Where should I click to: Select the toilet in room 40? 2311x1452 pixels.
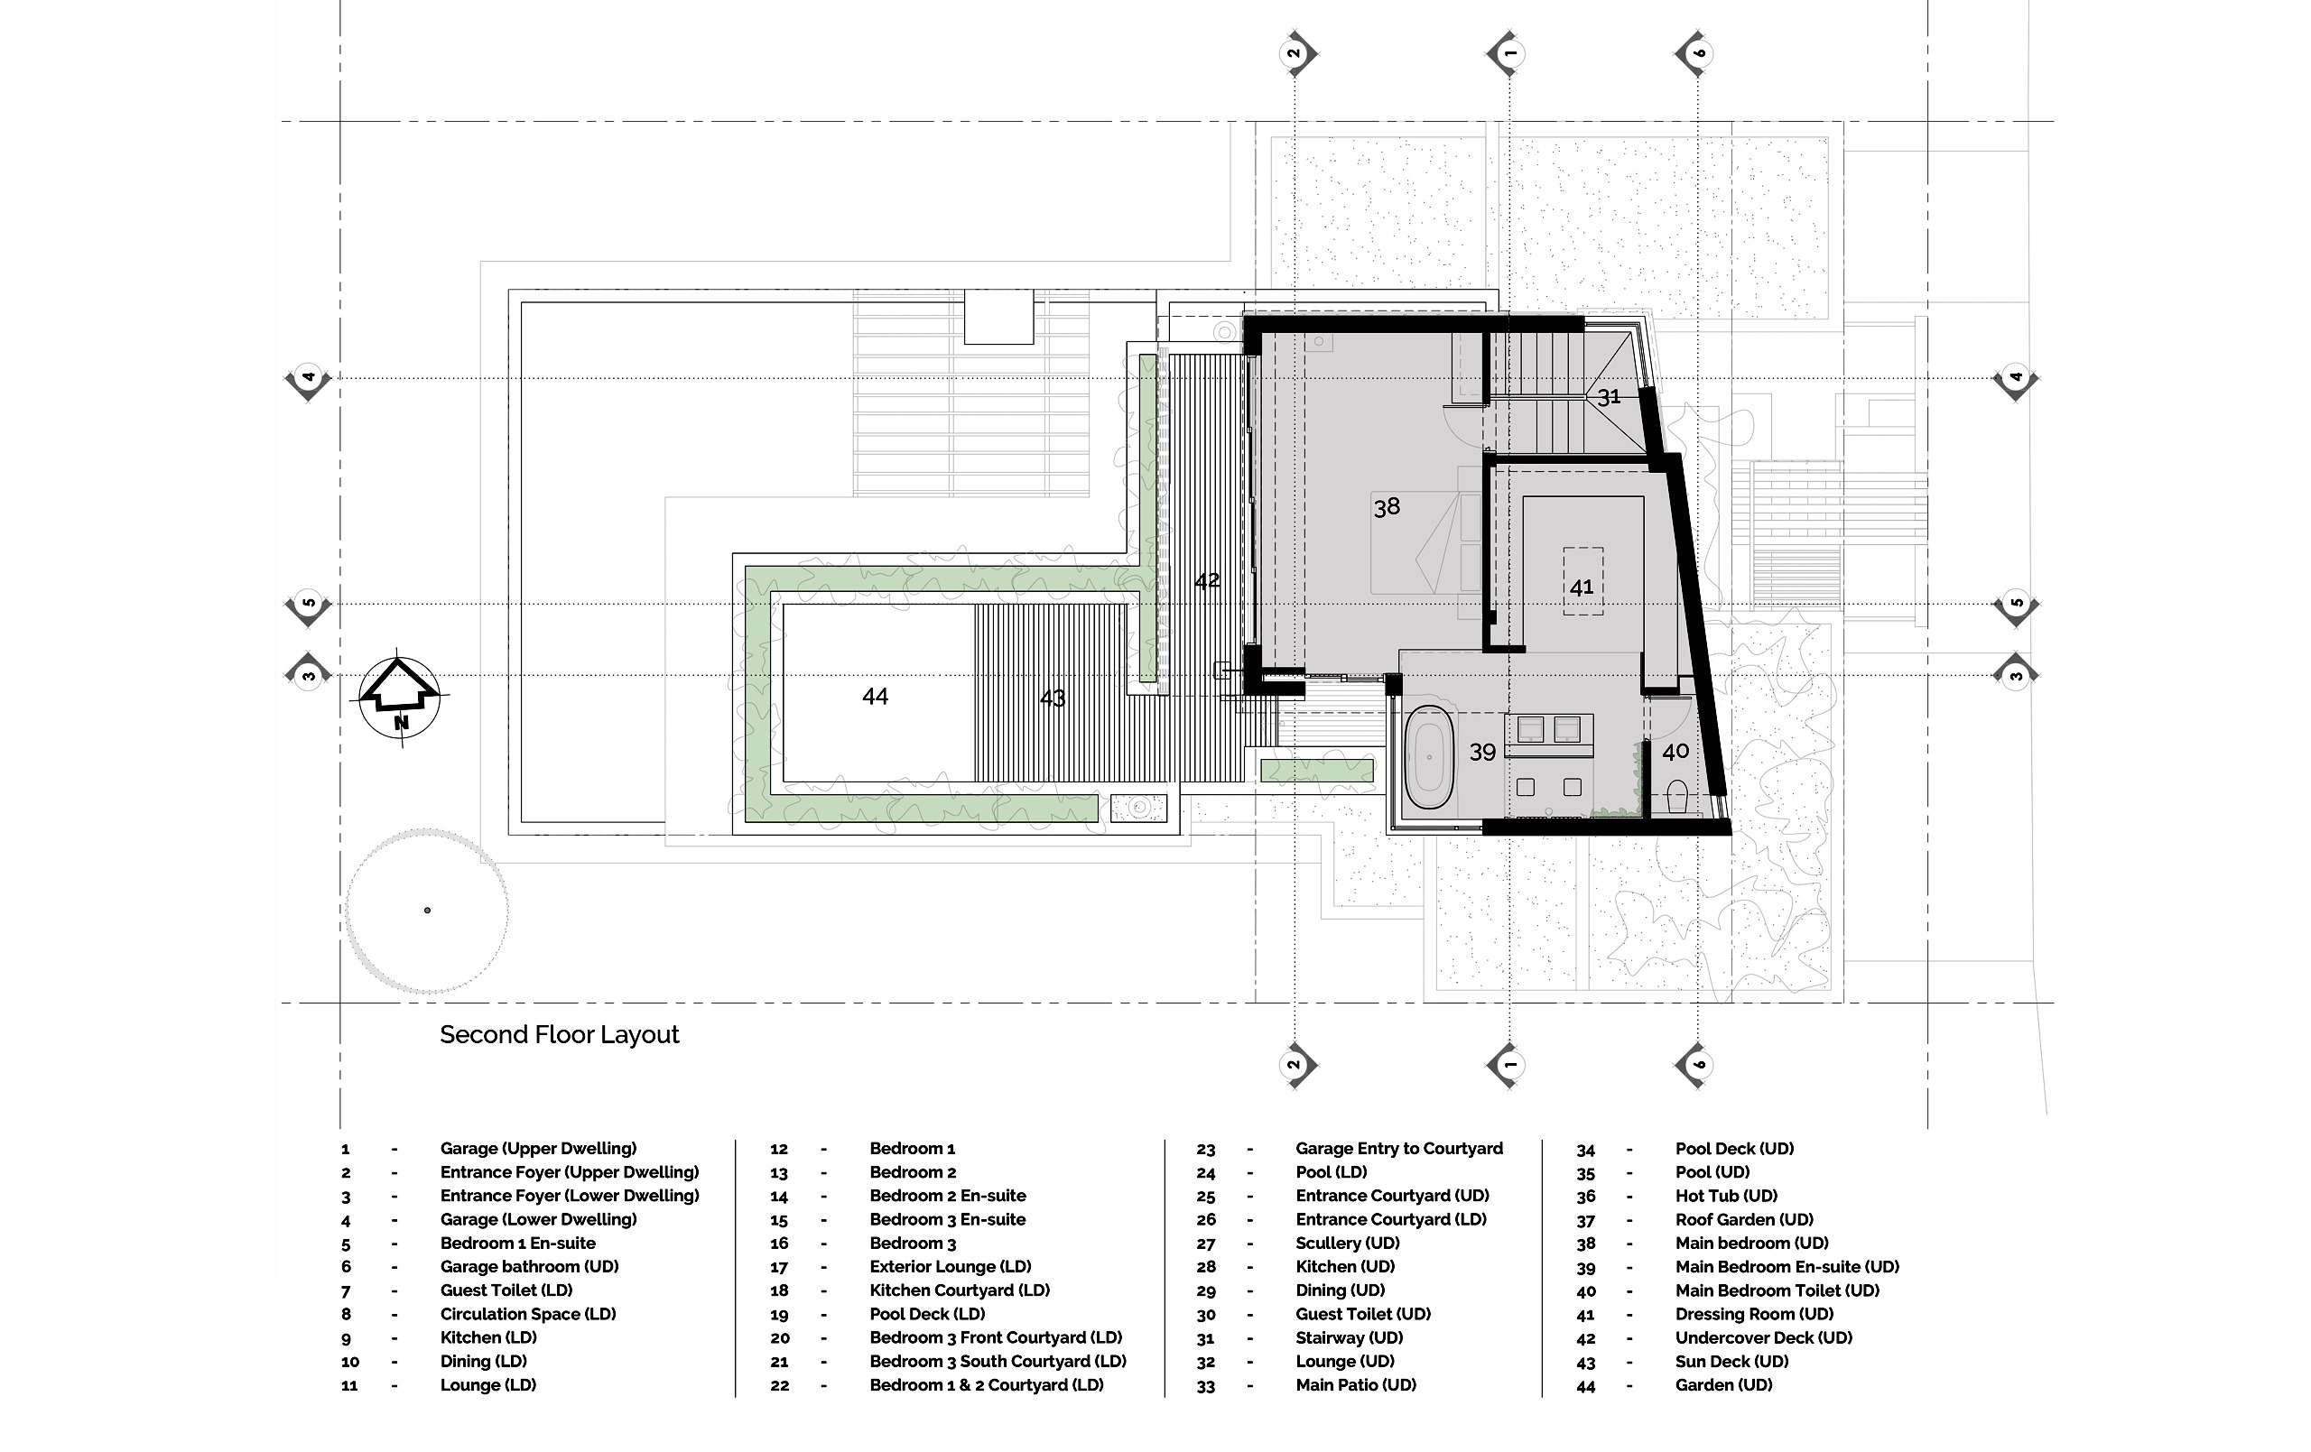1676,797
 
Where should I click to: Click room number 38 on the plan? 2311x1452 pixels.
1386,507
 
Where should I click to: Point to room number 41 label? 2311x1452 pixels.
1582,587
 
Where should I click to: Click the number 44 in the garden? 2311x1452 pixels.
875,697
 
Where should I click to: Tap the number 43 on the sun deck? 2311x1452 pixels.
1052,698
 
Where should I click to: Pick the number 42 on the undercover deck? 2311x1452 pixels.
1206,580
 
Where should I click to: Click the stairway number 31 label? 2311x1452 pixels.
1609,396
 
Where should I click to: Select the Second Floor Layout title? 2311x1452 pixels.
559,1034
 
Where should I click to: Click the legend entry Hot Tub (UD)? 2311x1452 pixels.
1725,1196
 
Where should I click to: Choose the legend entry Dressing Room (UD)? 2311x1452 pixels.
1753,1314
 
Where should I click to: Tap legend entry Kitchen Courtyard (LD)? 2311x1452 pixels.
959,1290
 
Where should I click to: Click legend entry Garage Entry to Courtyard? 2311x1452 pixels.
1398,1149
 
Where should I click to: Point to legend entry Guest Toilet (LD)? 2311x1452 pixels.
506,1290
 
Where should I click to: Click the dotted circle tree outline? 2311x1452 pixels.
427,911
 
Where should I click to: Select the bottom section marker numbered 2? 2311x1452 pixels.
1295,1064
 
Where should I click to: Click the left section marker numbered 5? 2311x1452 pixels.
308,605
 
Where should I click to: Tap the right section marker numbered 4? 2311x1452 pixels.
2016,379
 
